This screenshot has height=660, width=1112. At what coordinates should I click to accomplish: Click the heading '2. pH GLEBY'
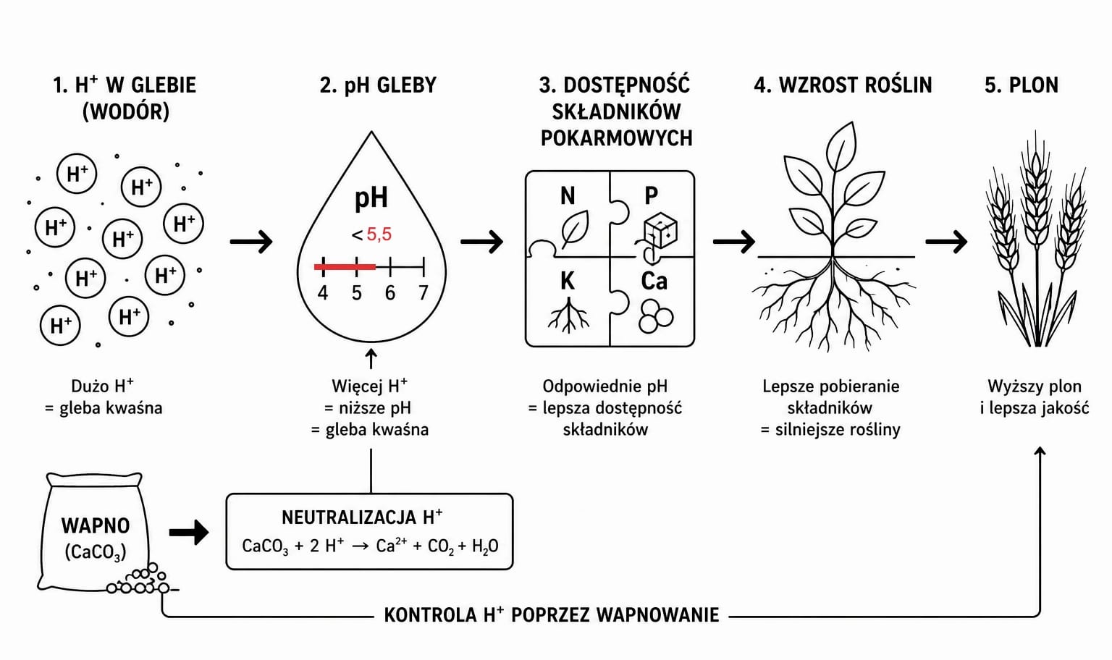378,85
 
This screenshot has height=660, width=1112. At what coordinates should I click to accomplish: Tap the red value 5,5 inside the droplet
379,234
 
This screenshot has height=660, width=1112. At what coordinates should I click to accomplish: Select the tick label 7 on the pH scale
423,293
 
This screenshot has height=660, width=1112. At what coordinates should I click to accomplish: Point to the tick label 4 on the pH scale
323,293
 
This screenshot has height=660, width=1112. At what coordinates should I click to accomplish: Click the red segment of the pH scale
345,267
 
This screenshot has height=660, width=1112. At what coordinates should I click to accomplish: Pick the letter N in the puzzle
568,195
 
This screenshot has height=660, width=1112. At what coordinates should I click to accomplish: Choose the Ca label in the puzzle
654,282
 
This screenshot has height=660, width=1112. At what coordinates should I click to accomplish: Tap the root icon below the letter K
568,314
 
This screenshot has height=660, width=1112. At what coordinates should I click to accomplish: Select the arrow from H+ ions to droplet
251,242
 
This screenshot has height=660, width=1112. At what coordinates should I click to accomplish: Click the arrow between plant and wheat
946,242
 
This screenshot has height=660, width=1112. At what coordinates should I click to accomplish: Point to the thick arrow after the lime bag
189,533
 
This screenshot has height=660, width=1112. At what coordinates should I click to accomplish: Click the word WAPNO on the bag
96,525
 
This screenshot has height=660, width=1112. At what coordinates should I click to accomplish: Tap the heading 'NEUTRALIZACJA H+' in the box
362,517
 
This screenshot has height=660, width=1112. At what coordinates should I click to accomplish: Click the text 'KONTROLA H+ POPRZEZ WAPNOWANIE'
552,615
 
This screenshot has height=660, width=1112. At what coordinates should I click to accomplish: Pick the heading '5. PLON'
1022,85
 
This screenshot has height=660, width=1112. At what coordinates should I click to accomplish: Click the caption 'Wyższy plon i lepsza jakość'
1035,397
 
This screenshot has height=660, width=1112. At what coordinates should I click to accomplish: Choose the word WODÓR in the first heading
125,111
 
